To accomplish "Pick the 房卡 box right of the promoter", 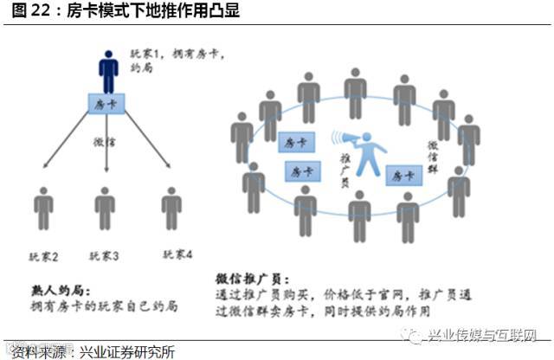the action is pyautogui.click(x=403, y=175).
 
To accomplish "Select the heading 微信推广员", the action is pyautogui.click(x=248, y=279).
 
